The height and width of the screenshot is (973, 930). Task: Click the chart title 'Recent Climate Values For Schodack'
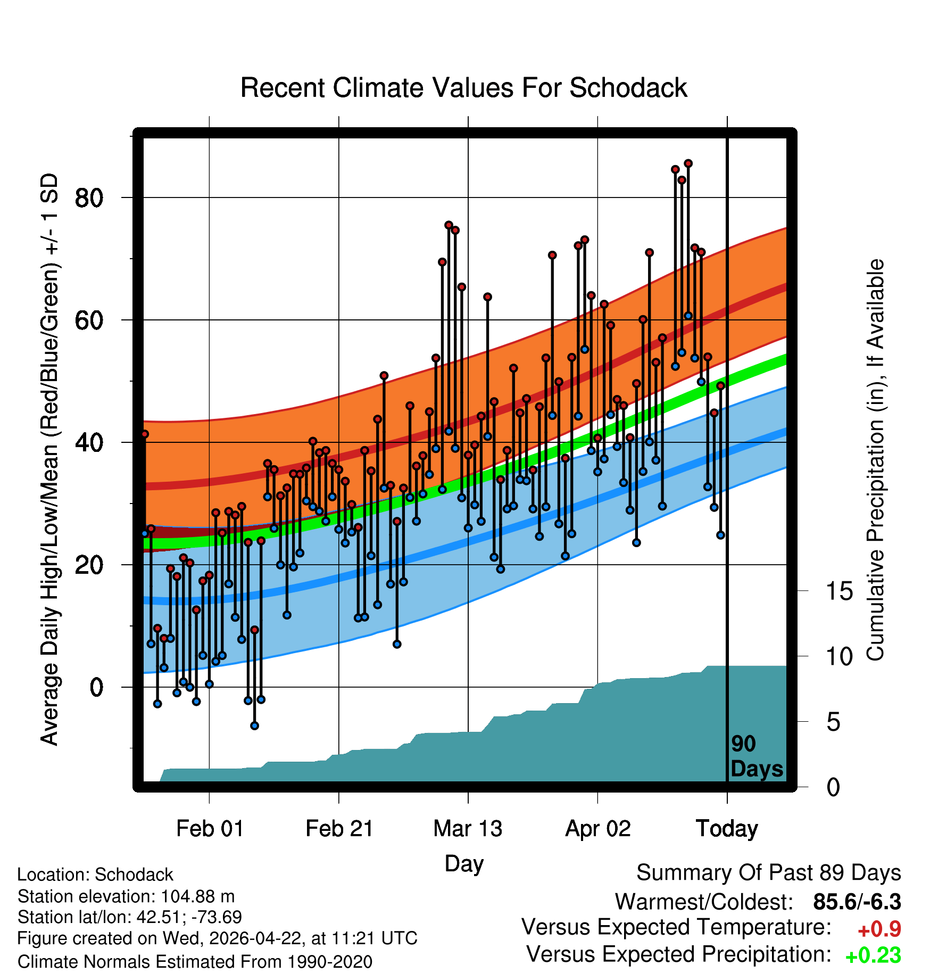pos(463,88)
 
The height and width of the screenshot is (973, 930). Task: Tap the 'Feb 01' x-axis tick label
pos(210,829)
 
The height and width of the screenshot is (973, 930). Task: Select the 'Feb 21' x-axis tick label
pos(339,829)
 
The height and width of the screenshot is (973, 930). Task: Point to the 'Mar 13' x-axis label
pos(468,829)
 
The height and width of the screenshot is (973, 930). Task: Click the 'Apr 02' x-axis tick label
pos(598,829)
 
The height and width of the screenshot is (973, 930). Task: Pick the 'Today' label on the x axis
pos(727,829)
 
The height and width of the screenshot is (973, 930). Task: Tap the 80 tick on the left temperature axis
pos(89,198)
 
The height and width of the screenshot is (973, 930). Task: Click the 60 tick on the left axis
pos(89,320)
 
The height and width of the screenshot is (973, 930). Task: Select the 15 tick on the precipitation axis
pos(840,591)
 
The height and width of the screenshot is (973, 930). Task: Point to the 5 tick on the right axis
pos(834,722)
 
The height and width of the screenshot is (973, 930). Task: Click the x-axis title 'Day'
pos(464,863)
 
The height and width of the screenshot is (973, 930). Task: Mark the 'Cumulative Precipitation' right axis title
pos(875,460)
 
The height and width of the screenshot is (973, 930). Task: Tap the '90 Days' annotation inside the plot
pos(757,756)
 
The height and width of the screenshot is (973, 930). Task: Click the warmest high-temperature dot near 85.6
pos(688,163)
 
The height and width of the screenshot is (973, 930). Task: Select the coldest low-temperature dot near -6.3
pos(255,725)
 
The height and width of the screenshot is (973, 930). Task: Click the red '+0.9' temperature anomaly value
pos(879,929)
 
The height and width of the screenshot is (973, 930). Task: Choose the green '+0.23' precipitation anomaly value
pos(873,955)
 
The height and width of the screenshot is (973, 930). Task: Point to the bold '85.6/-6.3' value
pos(857,902)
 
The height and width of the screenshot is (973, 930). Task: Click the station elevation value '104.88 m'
pos(197,896)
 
